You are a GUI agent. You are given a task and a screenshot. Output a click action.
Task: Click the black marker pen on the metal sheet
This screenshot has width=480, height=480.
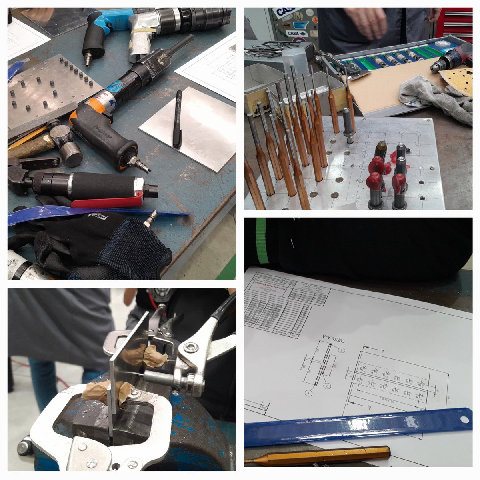[177, 119]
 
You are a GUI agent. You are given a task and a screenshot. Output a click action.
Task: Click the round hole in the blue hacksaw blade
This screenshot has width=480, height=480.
[464, 419]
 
